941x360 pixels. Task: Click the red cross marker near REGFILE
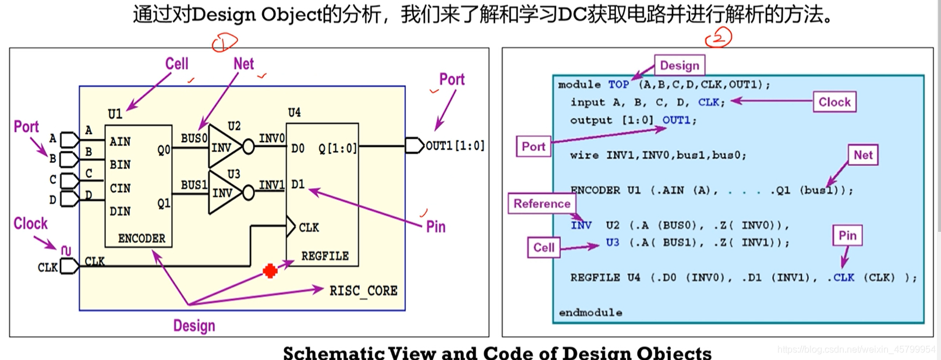coord(270,271)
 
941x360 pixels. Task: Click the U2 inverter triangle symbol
coord(222,147)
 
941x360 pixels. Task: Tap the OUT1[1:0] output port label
coord(455,146)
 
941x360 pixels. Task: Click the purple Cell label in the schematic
coord(177,63)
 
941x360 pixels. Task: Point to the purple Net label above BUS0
coord(243,63)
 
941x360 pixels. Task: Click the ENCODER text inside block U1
coord(141,238)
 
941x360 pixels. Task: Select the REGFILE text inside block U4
coord(324,256)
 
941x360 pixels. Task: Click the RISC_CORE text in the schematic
coord(363,290)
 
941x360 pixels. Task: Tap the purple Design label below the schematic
coord(194,326)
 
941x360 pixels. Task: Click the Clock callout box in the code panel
coord(834,102)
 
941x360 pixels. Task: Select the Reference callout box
coord(542,203)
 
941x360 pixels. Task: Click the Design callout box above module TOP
coord(679,65)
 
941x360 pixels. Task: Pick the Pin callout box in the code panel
coord(847,235)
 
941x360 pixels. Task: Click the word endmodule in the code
coord(590,313)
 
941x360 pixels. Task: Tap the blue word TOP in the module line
coord(618,84)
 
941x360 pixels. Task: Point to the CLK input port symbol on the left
coord(69,267)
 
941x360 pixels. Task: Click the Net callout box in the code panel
coord(862,155)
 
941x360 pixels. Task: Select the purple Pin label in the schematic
coord(436,227)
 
